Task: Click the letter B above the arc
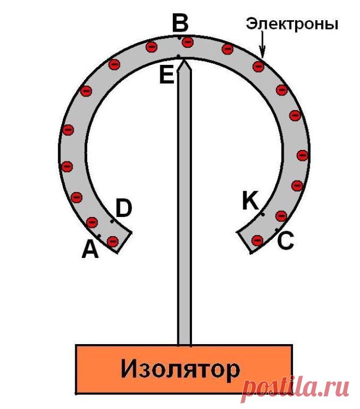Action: point(180,23)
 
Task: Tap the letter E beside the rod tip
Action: point(167,76)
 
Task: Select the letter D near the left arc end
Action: point(124,208)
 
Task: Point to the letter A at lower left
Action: point(90,249)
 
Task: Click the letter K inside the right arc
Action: point(250,200)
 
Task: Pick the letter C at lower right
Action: point(285,240)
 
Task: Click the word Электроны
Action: point(292,24)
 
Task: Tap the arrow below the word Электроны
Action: point(262,44)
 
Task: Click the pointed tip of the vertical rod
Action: point(184,60)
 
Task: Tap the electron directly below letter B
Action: point(188,42)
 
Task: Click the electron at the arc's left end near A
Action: point(113,241)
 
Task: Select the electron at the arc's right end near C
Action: point(257,239)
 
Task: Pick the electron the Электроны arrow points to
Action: point(259,66)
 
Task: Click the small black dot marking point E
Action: point(178,56)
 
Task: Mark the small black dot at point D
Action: point(112,221)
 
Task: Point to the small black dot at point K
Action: point(263,214)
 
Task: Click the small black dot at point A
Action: point(99,236)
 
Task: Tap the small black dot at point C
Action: point(277,230)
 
